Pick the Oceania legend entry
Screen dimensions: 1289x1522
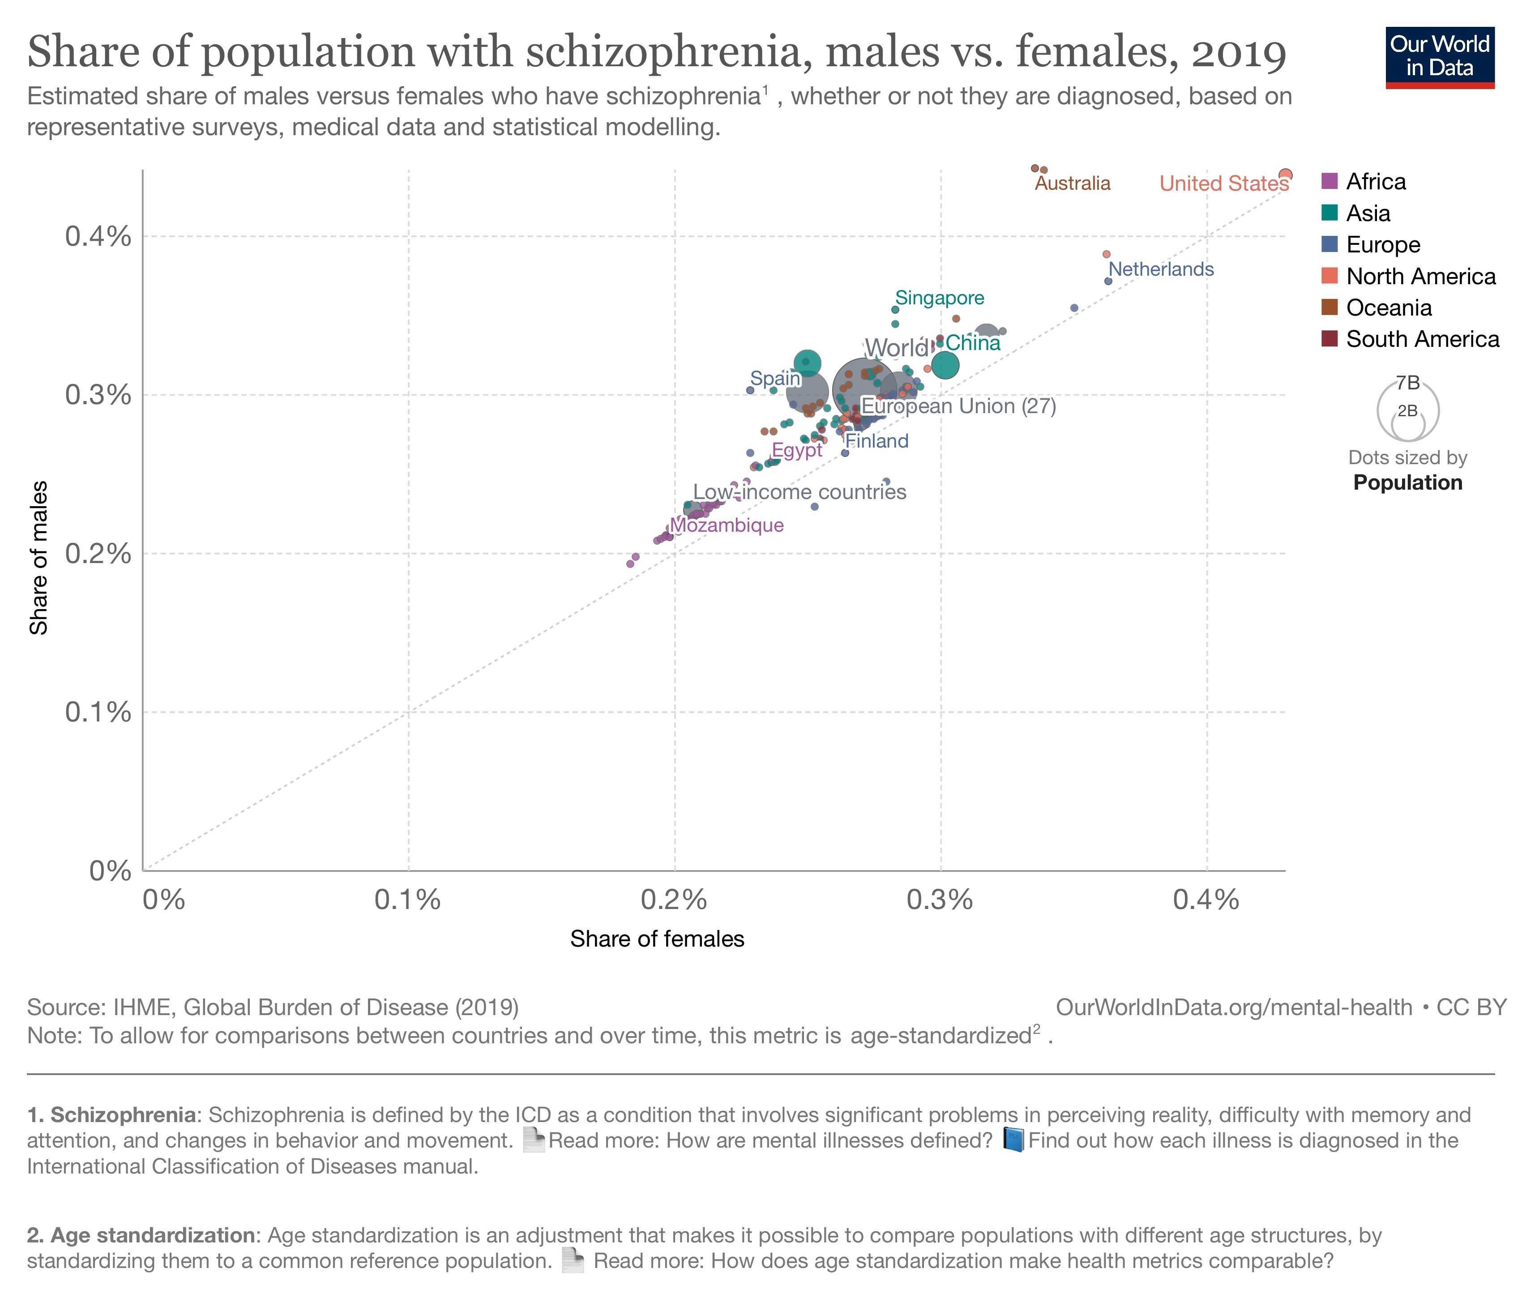pyautogui.click(x=1388, y=307)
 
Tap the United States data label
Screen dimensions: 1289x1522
pyautogui.click(x=1224, y=184)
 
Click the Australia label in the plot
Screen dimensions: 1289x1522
pyautogui.click(x=1072, y=184)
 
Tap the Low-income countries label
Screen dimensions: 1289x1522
pyautogui.click(x=799, y=492)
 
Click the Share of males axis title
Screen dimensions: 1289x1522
pyautogui.click(x=38, y=558)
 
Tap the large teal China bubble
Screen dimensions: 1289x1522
pyautogui.click(x=945, y=365)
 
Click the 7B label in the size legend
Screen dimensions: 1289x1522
pyautogui.click(x=1407, y=383)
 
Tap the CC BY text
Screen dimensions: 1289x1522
pyautogui.click(x=1471, y=1007)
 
